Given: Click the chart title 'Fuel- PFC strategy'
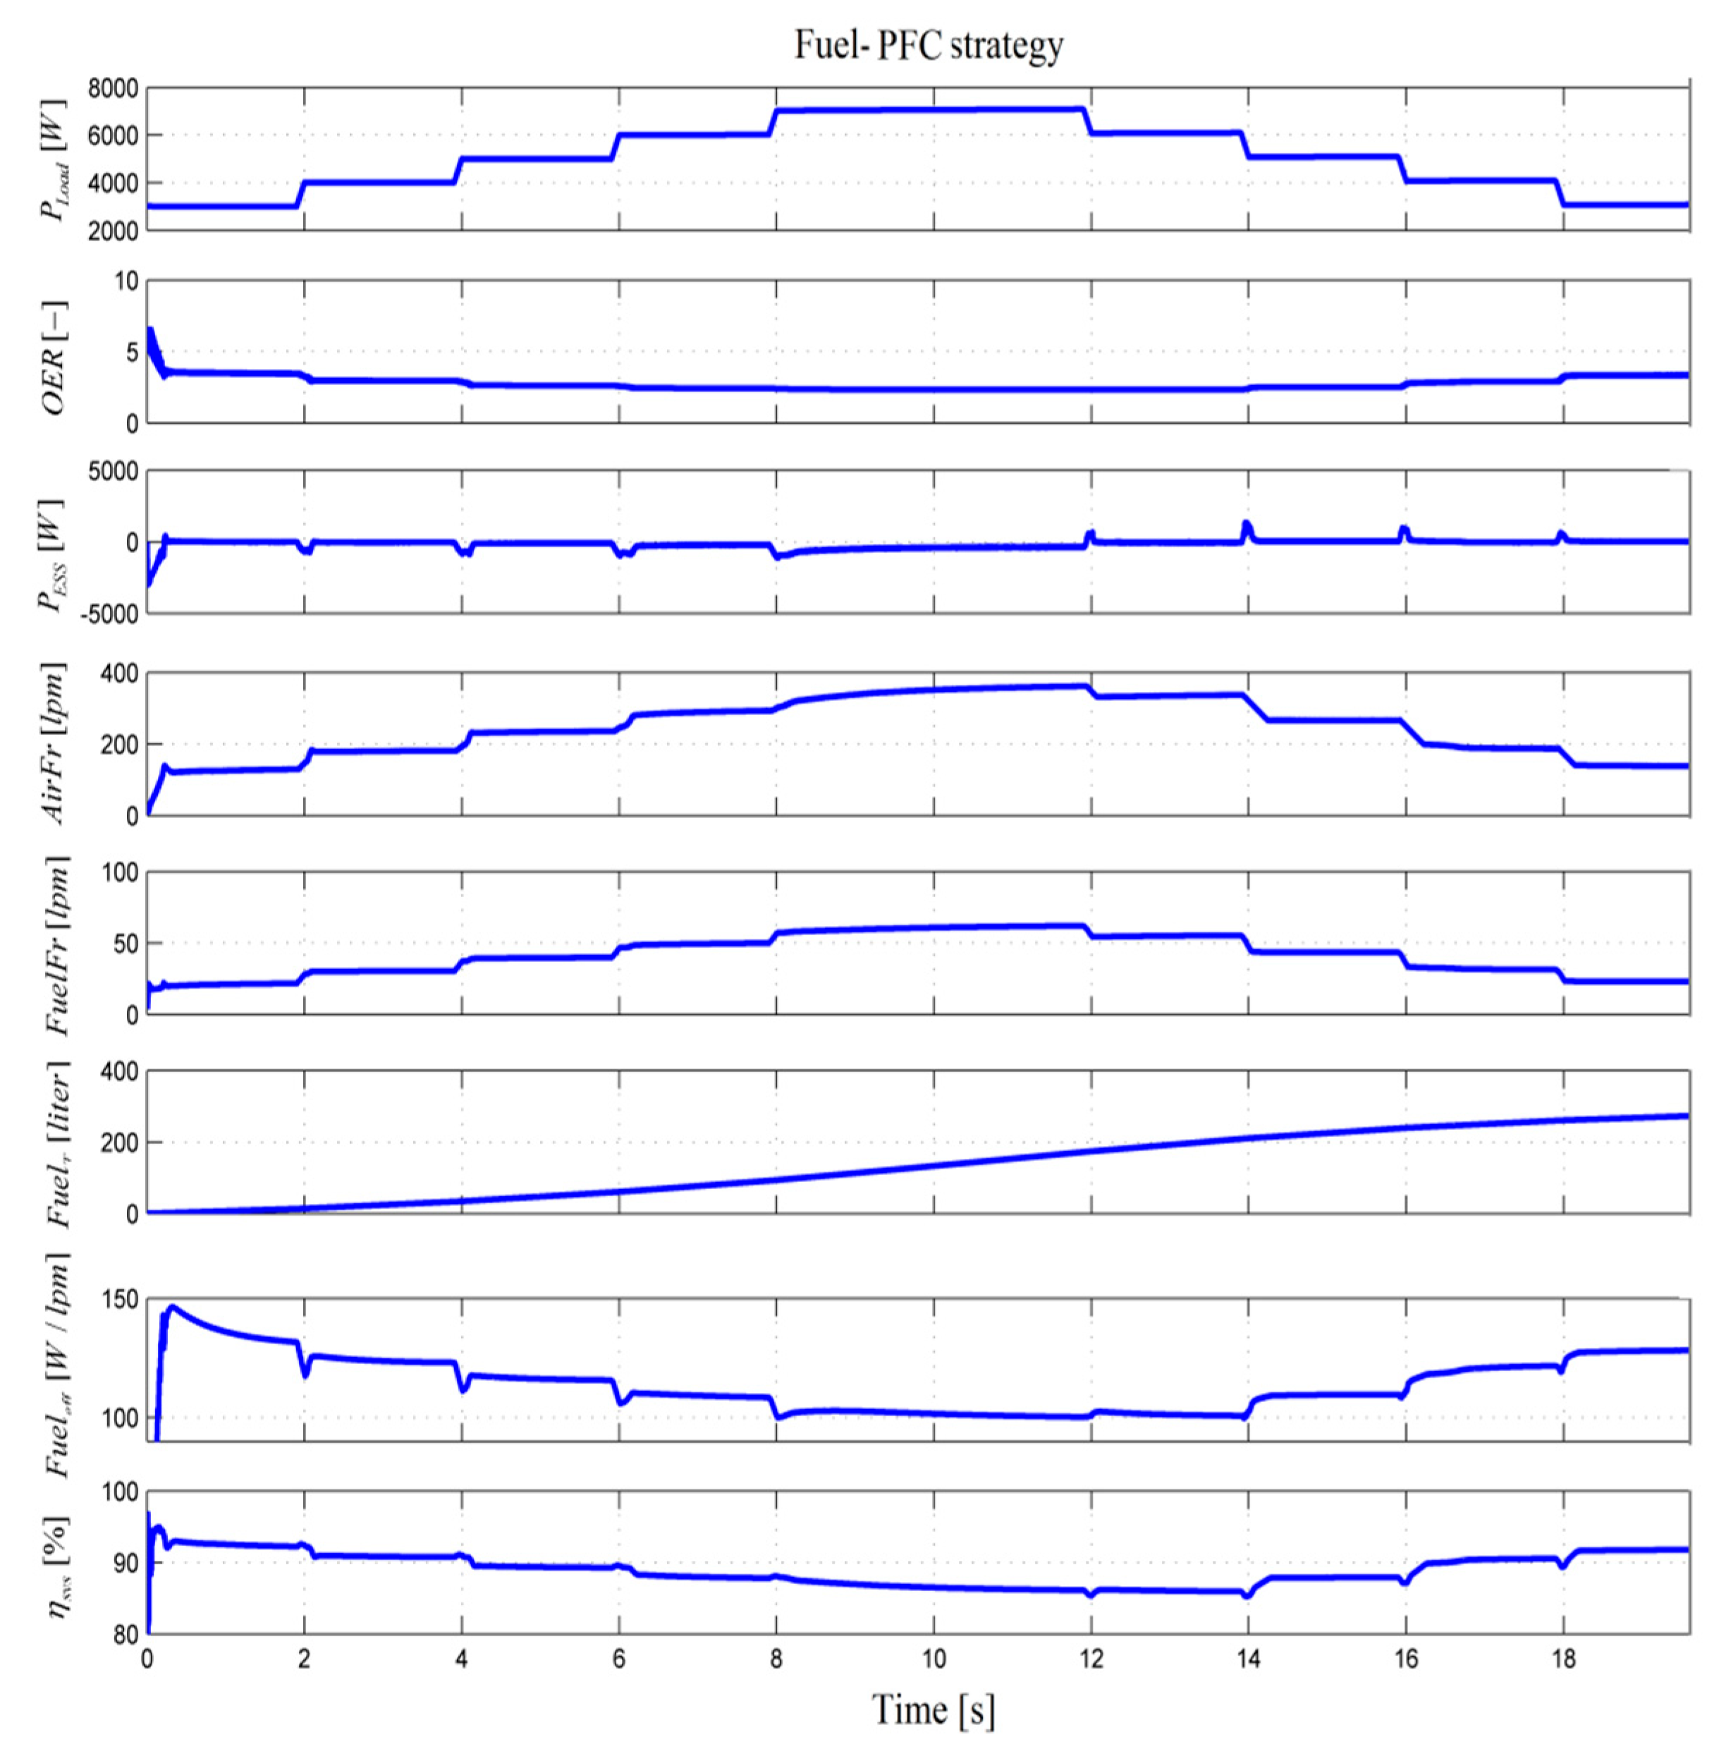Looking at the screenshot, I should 928,45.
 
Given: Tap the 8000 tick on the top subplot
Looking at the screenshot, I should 113,88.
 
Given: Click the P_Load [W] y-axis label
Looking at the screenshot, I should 52,159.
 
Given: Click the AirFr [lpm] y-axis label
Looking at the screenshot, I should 54,743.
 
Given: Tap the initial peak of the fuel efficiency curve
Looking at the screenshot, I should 172,1307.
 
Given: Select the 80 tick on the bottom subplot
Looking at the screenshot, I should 124,1635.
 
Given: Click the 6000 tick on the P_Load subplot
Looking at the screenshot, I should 113,135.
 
